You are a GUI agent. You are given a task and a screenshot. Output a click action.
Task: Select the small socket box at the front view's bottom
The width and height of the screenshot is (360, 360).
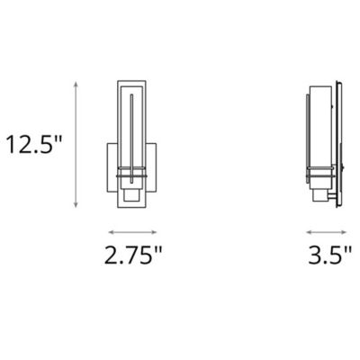pos(133,199)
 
